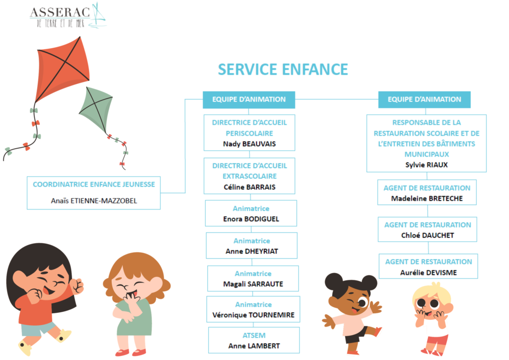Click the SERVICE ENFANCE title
point(283,70)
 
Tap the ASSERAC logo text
point(60,12)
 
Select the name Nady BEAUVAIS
point(250,144)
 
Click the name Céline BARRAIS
point(250,187)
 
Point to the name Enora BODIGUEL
point(251,219)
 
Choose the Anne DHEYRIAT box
point(252,246)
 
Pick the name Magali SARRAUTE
point(253,284)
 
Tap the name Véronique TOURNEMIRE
point(253,315)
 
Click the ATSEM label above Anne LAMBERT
point(254,335)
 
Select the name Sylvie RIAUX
point(426,165)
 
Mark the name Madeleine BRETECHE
point(427,198)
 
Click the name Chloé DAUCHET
point(427,235)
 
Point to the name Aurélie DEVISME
point(428,272)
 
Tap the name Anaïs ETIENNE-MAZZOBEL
point(94,201)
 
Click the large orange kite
point(62,70)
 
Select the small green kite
point(96,109)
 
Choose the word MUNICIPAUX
point(426,154)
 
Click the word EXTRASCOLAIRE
point(250,176)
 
